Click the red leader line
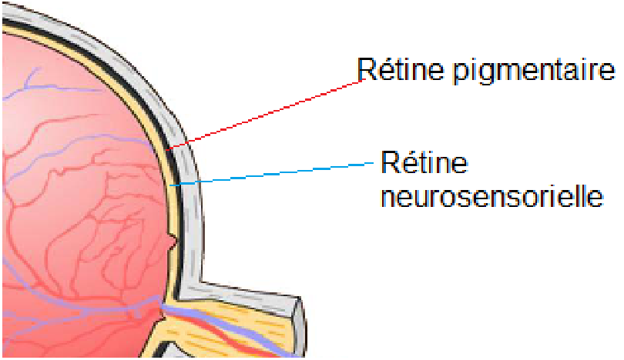click(270, 113)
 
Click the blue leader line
click(277, 173)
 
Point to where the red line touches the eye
click(169, 148)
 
